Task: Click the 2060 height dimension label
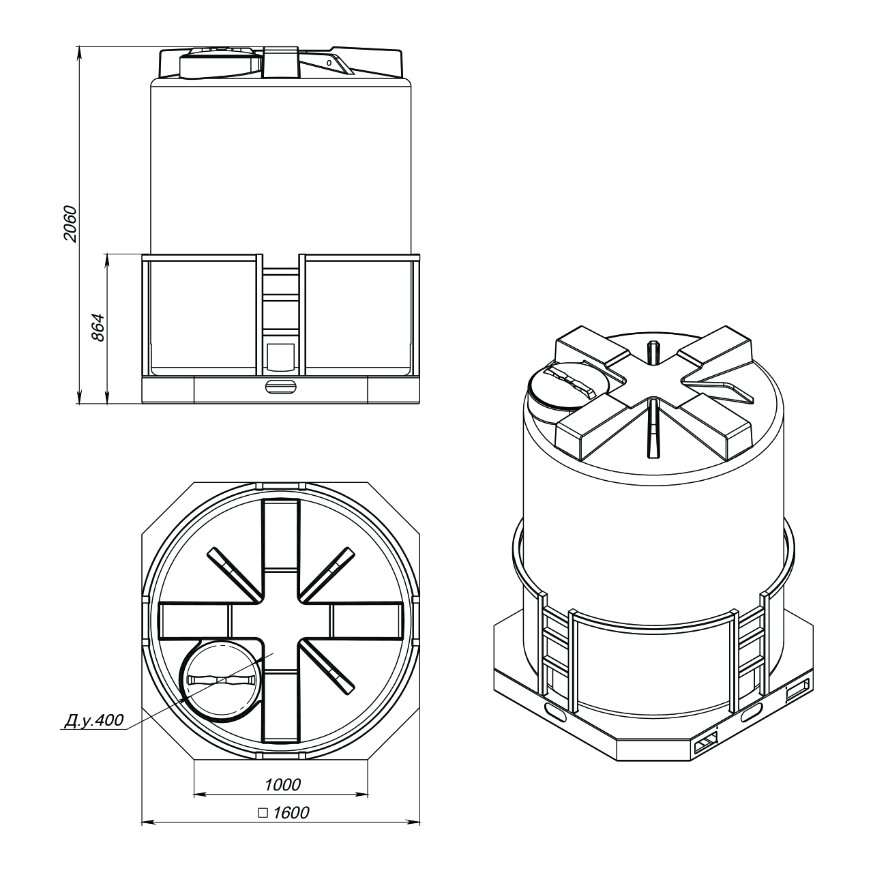coord(71,224)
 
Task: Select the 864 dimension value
coord(98,327)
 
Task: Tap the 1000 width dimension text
coord(282,784)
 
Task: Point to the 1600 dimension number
coord(291,813)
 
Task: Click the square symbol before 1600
coord(263,813)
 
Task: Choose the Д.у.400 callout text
coord(93,720)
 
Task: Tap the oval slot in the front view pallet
coord(281,387)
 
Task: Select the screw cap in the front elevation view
coord(220,64)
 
